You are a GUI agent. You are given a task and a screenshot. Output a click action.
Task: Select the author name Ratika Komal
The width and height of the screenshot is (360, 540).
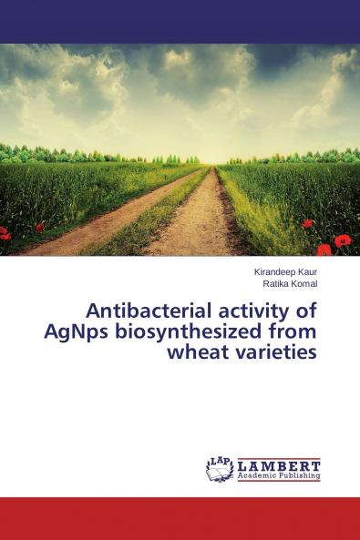click(x=290, y=283)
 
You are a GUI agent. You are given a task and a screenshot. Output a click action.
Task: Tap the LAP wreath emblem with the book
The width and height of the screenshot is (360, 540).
click(x=220, y=468)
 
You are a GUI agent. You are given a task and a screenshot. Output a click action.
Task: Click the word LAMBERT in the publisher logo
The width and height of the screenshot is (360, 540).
click(x=279, y=464)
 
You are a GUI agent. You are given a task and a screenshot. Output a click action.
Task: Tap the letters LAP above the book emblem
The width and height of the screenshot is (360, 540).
click(x=220, y=460)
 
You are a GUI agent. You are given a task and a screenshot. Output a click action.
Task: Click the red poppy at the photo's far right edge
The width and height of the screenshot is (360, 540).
click(x=343, y=241)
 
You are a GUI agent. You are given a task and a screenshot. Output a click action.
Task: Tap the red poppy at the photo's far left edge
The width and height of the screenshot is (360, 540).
click(x=5, y=234)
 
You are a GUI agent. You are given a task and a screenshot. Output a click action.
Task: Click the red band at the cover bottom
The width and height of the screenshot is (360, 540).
click(x=180, y=518)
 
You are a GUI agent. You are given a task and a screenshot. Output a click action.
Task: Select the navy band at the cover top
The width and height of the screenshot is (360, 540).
click(x=180, y=21)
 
